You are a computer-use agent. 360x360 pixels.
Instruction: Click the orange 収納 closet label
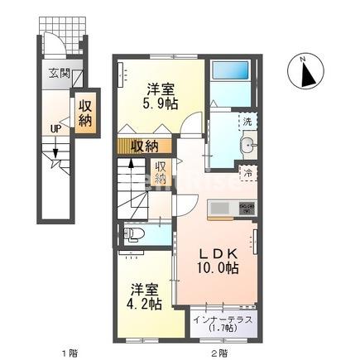(x=144, y=146)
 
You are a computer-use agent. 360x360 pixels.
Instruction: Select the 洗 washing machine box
(x=247, y=122)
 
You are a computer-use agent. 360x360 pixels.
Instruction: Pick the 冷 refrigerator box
(x=247, y=173)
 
